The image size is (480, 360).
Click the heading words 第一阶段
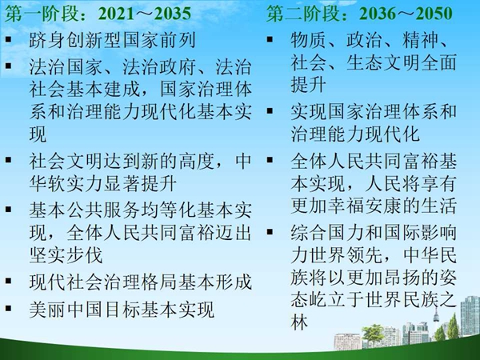[x=42, y=14]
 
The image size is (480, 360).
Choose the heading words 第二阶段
[x=302, y=14]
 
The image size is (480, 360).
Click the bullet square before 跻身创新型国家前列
[x=9, y=39]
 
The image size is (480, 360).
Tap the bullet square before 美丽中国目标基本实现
[x=9, y=308]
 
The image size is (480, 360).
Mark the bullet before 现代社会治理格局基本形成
[x=9, y=281]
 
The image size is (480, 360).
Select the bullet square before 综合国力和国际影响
[x=270, y=231]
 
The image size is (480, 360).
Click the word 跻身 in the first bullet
[x=47, y=40]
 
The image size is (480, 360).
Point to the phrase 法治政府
[x=159, y=66]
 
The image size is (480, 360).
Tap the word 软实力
[x=75, y=184]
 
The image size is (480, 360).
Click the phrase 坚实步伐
[x=66, y=255]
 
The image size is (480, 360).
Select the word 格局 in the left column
[x=159, y=282]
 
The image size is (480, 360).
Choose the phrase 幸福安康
[x=383, y=206]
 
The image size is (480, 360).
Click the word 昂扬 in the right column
[x=402, y=278]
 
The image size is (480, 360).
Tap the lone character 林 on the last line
[x=299, y=322]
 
